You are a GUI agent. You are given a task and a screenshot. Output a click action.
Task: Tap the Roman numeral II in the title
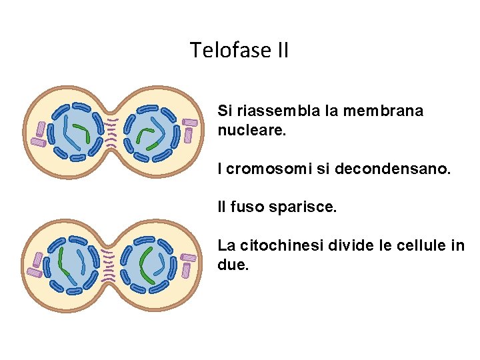281,50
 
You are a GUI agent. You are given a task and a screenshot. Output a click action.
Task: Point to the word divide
355,245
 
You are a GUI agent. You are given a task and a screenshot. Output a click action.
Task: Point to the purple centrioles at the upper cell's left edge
41,134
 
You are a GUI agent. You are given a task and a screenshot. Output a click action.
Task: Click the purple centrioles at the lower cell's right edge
188,263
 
